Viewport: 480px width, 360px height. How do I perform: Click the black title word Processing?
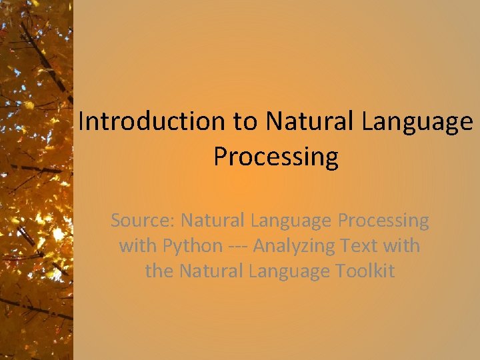[275, 157]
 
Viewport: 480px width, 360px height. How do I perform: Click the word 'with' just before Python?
[138, 245]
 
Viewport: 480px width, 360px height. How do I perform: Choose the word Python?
[192, 247]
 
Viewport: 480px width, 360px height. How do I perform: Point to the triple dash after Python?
[237, 246]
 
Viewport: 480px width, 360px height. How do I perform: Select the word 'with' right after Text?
[402, 245]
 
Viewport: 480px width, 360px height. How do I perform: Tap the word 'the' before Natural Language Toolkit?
[159, 271]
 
